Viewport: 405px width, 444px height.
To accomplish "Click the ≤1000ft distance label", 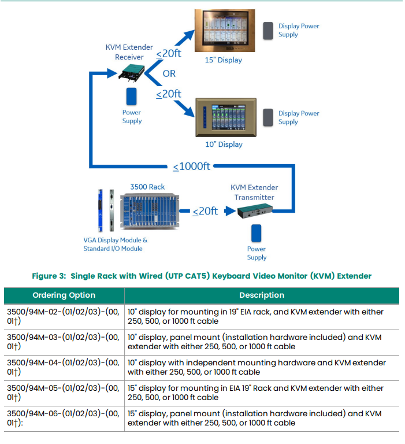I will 192,166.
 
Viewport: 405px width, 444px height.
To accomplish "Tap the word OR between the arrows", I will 169,74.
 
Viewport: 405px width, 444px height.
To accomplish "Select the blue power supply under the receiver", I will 132,97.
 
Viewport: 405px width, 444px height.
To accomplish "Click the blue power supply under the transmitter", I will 257,233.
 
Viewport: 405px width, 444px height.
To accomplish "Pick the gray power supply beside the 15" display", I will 269,31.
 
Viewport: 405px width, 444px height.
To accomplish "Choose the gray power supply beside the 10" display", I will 269,117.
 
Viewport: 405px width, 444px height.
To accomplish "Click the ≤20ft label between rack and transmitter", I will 205,211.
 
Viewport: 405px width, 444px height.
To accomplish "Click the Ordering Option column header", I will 64,295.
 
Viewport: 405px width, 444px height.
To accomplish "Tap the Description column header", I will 262,295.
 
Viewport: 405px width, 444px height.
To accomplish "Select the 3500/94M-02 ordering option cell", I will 64,317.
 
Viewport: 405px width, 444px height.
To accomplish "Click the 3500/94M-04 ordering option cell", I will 64,368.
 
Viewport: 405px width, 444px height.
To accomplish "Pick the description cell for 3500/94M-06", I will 262,418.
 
